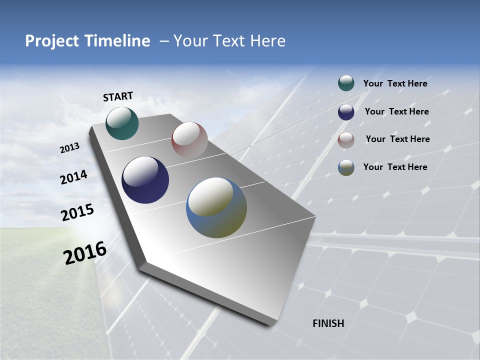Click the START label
click(x=118, y=96)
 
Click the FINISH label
click(x=328, y=323)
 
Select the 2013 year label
click(x=69, y=148)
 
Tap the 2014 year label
click(x=73, y=177)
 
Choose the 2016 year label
click(x=85, y=253)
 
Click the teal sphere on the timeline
click(x=122, y=123)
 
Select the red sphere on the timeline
click(x=189, y=140)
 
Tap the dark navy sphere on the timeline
click(x=145, y=180)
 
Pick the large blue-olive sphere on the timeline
click(x=216, y=207)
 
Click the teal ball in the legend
click(x=346, y=83)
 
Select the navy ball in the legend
click(x=346, y=111)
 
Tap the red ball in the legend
click(x=346, y=139)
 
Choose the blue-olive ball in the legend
click(x=346, y=167)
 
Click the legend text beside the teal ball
click(x=395, y=84)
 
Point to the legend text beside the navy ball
click(x=396, y=111)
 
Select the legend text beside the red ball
click(x=397, y=139)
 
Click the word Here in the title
click(x=267, y=41)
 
